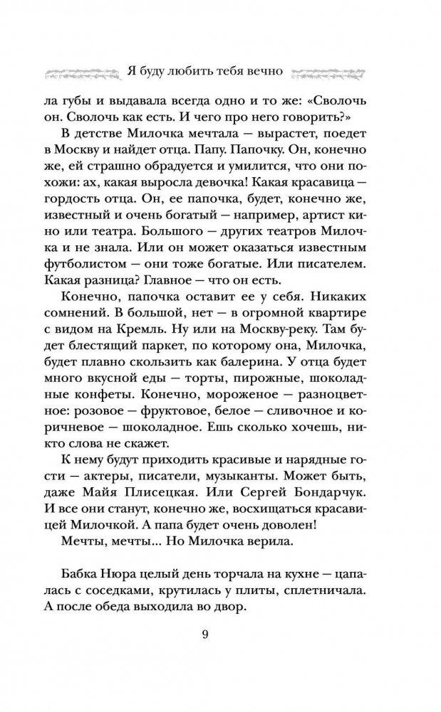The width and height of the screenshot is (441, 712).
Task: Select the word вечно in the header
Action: point(264,71)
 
